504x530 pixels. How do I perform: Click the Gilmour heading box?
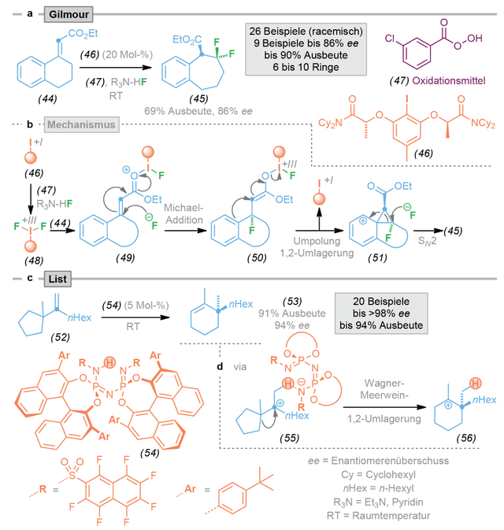coord(69,14)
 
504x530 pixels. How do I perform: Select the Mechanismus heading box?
coord(81,124)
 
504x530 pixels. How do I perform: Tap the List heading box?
coord(57,279)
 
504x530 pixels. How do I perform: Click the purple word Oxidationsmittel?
coord(449,81)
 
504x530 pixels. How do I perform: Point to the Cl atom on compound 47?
coord(390,39)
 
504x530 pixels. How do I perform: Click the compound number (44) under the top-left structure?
coord(47,98)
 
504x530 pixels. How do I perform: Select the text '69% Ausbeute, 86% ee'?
coord(198,111)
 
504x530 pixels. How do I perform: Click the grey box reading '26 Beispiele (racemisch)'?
coord(306,50)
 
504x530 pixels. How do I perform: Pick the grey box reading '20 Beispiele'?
coord(381,313)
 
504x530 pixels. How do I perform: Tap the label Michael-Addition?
coord(184,214)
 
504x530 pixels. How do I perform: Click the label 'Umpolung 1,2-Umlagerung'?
coord(317,247)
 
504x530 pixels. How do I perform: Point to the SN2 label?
coord(428,241)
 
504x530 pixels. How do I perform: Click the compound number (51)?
coord(377,258)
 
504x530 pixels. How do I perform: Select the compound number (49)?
coord(125,258)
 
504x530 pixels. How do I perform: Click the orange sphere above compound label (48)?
coord(31,246)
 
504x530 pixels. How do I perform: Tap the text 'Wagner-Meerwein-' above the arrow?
coord(384,389)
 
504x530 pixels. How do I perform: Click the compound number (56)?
coord(465,438)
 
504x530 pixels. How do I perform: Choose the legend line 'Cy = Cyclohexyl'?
coord(378,475)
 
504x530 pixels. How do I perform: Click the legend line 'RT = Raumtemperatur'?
coord(378,516)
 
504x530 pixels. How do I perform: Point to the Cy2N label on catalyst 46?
coord(330,123)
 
